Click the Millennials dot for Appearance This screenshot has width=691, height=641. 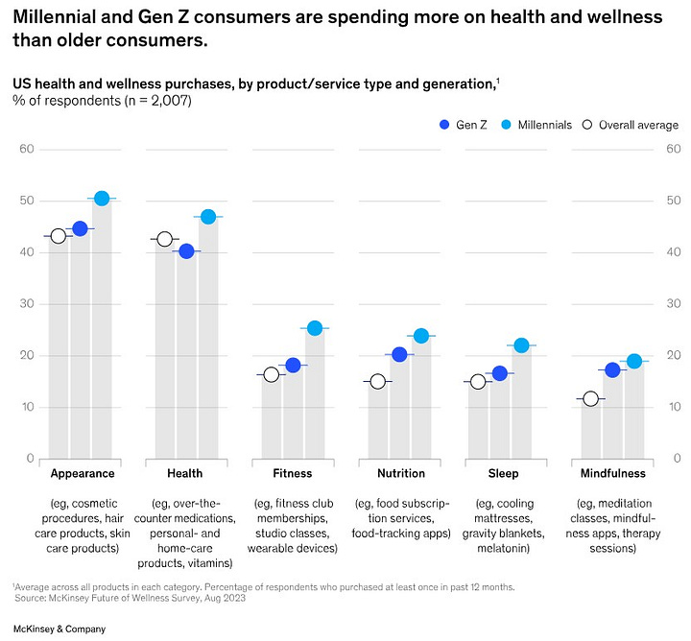tap(102, 199)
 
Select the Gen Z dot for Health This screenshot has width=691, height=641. tap(186, 251)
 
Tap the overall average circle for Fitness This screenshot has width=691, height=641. tap(272, 375)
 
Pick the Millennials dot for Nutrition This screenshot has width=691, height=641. tap(420, 336)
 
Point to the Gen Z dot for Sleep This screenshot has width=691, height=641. tap(499, 373)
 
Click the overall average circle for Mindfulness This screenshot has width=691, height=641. tap(590, 399)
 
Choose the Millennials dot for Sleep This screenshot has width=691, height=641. tap(521, 345)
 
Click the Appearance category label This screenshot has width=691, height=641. tap(83, 473)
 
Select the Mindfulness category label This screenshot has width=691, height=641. tap(612, 473)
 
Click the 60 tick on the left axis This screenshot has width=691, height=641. tap(27, 150)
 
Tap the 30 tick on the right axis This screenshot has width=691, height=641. tap(673, 304)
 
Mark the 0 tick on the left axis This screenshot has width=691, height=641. tap(31, 459)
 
